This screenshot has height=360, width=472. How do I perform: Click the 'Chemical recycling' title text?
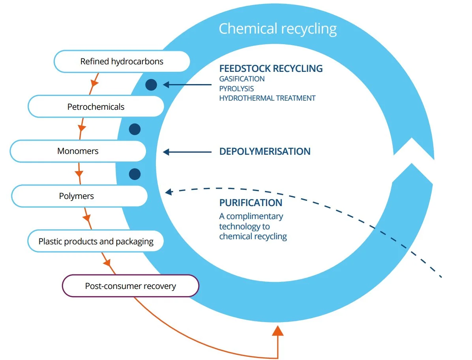pyautogui.click(x=277, y=28)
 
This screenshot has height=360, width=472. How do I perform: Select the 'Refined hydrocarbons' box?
pyautogui.click(x=122, y=62)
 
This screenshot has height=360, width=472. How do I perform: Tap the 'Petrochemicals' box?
pyautogui.click(x=96, y=107)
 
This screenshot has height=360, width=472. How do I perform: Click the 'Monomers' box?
pyautogui.click(x=78, y=151)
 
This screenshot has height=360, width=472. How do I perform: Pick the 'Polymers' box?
pyautogui.click(x=79, y=196)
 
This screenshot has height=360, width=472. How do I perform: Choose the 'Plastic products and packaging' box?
pyautogui.click(x=96, y=241)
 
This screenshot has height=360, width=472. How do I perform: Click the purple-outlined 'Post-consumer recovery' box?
pyautogui.click(x=130, y=286)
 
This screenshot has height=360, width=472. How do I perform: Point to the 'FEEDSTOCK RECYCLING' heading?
pyautogui.click(x=271, y=68)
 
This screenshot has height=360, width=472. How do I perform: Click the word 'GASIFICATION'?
pyautogui.click(x=242, y=79)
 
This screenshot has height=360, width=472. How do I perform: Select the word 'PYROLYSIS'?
pyautogui.click(x=236, y=88)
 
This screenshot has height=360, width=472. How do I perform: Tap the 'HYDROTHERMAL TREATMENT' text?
pyautogui.click(x=267, y=98)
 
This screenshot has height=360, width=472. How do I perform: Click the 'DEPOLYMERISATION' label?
pyautogui.click(x=265, y=151)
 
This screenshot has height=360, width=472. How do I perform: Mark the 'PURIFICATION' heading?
pyautogui.click(x=251, y=202)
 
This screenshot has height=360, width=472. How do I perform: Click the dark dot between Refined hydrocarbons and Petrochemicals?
pyautogui.click(x=151, y=84)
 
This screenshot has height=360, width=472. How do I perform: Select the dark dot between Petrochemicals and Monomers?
pyautogui.click(x=135, y=129)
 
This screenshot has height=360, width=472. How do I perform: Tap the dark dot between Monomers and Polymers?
pyautogui.click(x=135, y=174)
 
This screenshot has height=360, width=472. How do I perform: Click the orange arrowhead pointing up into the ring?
pyautogui.click(x=278, y=330)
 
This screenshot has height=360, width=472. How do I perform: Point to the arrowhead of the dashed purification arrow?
pyautogui.click(x=169, y=192)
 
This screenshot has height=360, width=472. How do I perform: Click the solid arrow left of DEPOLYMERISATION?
pyautogui.click(x=188, y=152)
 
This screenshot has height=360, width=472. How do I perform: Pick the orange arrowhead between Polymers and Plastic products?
pyautogui.click(x=87, y=217)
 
